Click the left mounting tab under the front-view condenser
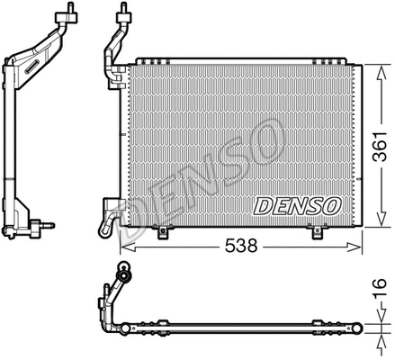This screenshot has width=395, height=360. pyautogui.click(x=164, y=234)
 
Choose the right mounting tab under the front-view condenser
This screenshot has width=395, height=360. pyautogui.click(x=319, y=234)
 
